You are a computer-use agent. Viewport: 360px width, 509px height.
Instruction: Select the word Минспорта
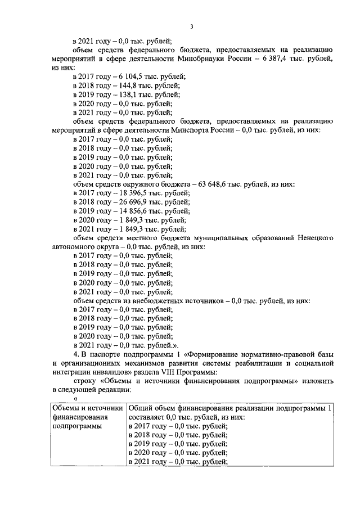click(200, 130)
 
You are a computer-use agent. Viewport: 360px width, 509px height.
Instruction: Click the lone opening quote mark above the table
click(75, 398)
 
